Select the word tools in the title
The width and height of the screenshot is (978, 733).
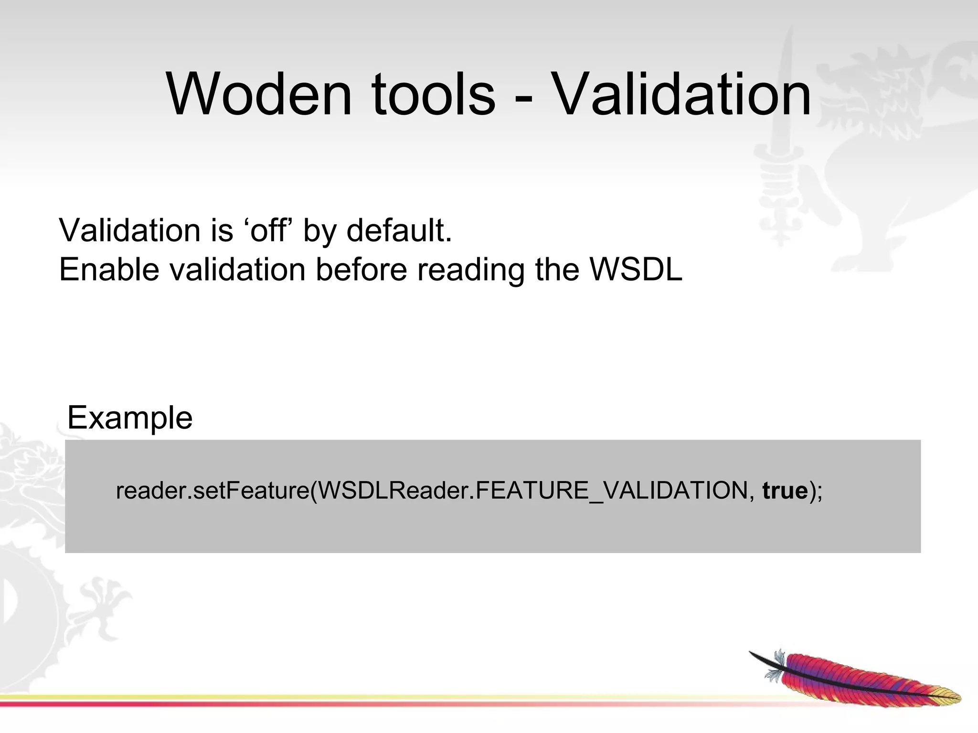(x=433, y=94)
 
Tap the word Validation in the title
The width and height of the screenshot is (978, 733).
(x=682, y=94)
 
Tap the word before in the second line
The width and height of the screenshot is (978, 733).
(x=361, y=270)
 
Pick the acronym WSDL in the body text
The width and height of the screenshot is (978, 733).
(x=637, y=270)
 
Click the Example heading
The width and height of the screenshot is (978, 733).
(x=130, y=418)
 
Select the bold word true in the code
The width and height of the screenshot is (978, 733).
(x=785, y=491)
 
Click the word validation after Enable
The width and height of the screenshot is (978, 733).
(x=237, y=270)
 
